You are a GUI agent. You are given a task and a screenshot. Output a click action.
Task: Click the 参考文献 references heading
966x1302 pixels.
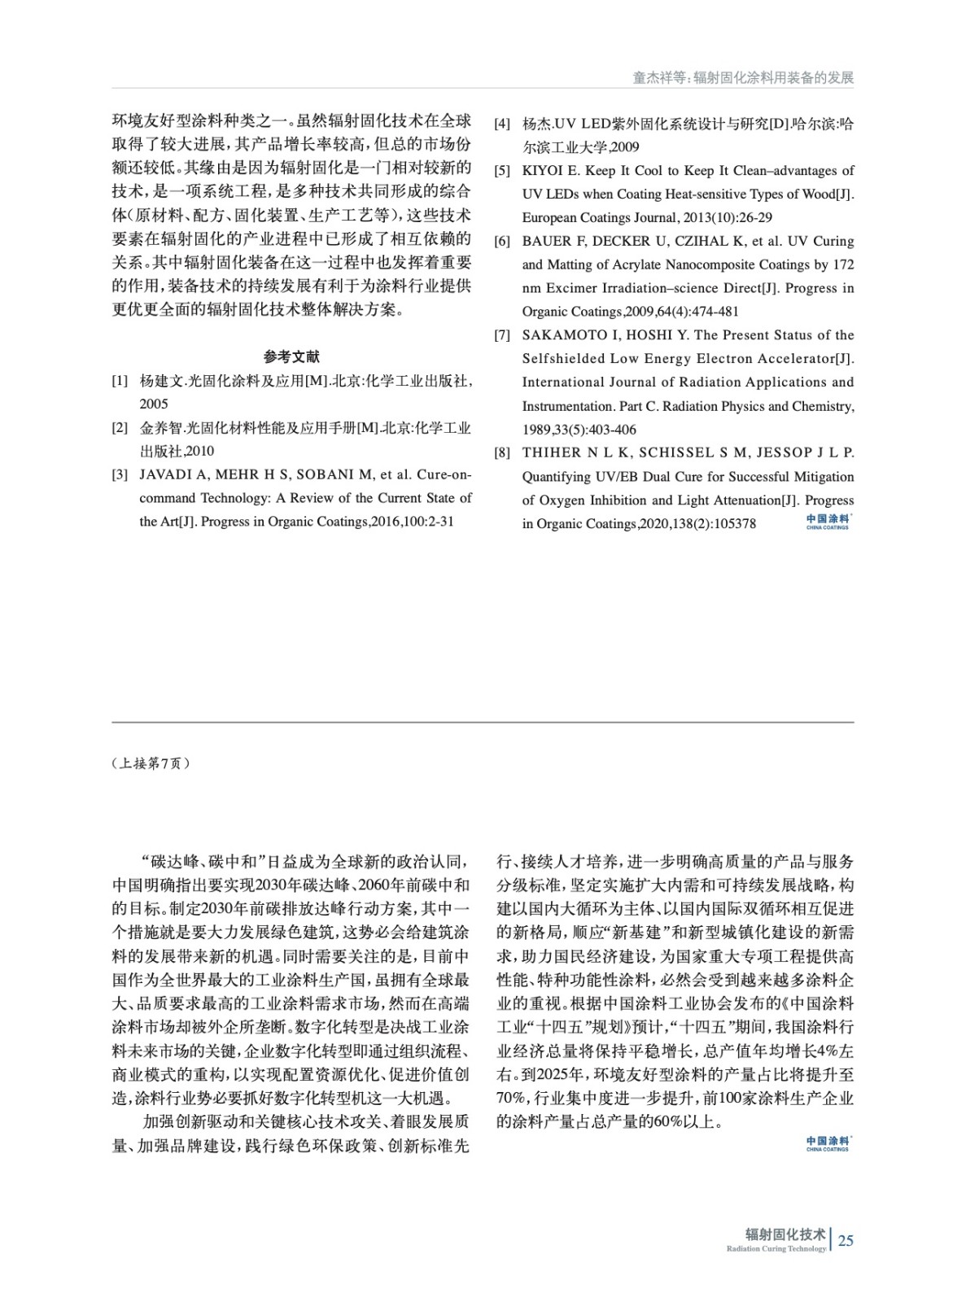[291, 356]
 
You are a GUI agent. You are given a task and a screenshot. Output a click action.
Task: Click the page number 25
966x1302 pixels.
[846, 1241]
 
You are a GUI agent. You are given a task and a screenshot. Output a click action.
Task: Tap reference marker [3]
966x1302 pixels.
[120, 474]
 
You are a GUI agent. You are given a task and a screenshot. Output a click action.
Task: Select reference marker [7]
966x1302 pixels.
[502, 335]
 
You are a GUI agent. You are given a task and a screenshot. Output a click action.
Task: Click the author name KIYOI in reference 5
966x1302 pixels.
[542, 171]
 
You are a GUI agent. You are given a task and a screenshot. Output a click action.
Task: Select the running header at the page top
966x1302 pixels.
[743, 78]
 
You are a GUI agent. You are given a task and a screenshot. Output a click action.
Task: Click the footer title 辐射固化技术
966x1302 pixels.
[785, 1234]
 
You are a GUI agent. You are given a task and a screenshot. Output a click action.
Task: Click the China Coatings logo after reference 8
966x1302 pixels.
[827, 522]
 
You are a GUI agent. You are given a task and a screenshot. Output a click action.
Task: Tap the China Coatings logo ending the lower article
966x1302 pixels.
[827, 1144]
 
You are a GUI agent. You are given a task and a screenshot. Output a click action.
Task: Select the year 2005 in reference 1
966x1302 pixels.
[154, 404]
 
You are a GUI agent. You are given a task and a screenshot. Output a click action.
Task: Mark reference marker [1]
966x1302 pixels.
[120, 381]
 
